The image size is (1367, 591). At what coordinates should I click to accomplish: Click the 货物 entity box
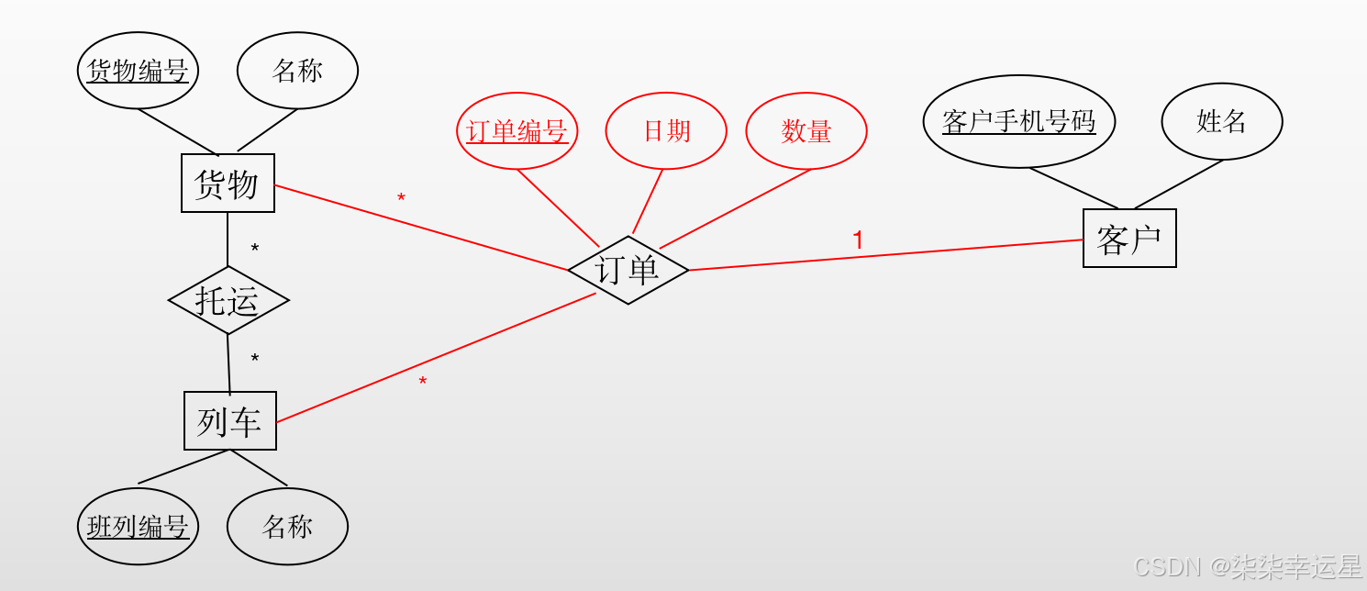coord(228,184)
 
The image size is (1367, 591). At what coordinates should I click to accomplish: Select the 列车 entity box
coord(229,420)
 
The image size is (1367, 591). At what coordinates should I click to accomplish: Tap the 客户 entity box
coord(1128,239)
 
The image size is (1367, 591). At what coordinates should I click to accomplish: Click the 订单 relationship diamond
coord(628,270)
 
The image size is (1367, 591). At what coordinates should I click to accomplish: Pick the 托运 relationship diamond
coord(228,300)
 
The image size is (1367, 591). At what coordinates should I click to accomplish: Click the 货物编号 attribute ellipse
coord(138,71)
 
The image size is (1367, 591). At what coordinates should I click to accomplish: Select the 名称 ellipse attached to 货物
coord(297,71)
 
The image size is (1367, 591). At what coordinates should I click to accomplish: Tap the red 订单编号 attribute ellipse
coord(517,131)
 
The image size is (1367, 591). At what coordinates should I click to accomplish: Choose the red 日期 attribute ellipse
coord(666,131)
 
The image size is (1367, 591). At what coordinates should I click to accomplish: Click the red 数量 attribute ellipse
coord(806,131)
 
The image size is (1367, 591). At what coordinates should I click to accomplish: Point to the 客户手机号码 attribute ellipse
coord(1019,121)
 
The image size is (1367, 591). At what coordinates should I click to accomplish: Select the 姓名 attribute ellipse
coord(1221,121)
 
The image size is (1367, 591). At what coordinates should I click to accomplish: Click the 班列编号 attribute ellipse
coord(138,527)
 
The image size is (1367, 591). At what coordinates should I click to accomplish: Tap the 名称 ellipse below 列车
coord(287,527)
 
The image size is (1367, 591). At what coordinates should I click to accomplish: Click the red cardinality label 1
coord(858,241)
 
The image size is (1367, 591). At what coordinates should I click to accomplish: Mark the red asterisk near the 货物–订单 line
coord(401,199)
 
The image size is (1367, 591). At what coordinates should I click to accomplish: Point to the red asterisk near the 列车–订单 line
coord(423,382)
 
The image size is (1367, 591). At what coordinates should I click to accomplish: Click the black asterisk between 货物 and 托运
coord(255,250)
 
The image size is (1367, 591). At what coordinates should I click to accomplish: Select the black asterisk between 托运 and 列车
coord(255,360)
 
